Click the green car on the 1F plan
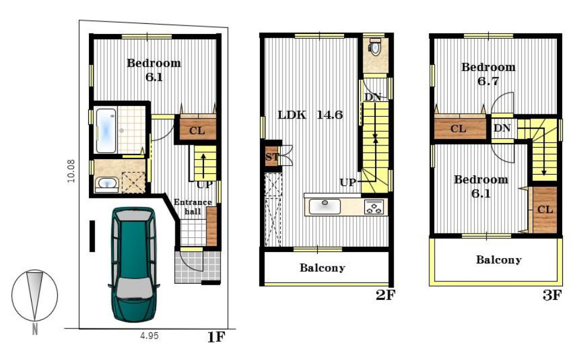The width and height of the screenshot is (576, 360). pos(134,265)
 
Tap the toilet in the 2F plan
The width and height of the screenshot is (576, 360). pos(374,46)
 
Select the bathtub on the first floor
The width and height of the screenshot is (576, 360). pos(106,131)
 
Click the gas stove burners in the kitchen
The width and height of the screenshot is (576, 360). pos(374,207)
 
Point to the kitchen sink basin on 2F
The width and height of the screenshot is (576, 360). pos(325,206)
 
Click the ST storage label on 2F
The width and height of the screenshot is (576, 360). pos(272,157)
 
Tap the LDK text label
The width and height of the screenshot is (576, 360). pos(292,114)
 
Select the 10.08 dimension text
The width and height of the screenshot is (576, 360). pos(71,171)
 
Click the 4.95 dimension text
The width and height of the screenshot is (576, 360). pos(150,336)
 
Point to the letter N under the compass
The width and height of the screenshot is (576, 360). pos(35,329)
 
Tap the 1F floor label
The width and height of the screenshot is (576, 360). pos(216,337)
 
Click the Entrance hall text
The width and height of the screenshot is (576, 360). pos(193,207)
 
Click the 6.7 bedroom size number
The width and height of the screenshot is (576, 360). pos(488,81)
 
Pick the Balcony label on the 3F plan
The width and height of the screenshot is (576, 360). pos(499,260)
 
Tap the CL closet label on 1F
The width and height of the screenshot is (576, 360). pos(197,131)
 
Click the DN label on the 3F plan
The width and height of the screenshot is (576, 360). pos(502,128)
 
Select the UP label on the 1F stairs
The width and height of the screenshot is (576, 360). pos(205,184)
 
